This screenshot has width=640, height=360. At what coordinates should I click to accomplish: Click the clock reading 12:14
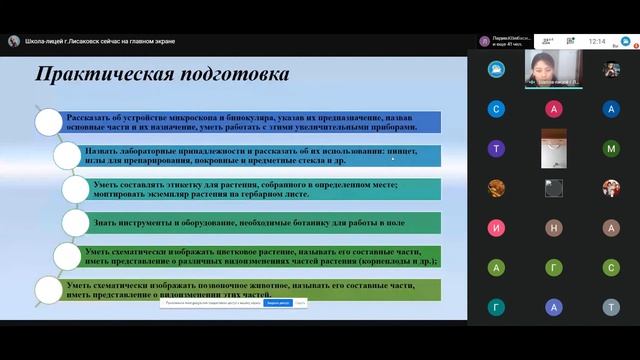[598, 42]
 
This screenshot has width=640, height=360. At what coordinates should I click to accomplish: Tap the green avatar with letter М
[612, 148]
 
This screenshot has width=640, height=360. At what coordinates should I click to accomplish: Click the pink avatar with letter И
[497, 228]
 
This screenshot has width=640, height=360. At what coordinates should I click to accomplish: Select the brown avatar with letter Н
[612, 228]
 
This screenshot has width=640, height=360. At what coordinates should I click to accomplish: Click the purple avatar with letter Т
[497, 148]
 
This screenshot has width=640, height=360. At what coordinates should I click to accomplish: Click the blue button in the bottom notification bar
[278, 303]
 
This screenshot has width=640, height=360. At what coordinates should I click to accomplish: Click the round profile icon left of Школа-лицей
[14, 41]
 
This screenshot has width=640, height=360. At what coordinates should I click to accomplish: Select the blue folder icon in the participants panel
[497, 69]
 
